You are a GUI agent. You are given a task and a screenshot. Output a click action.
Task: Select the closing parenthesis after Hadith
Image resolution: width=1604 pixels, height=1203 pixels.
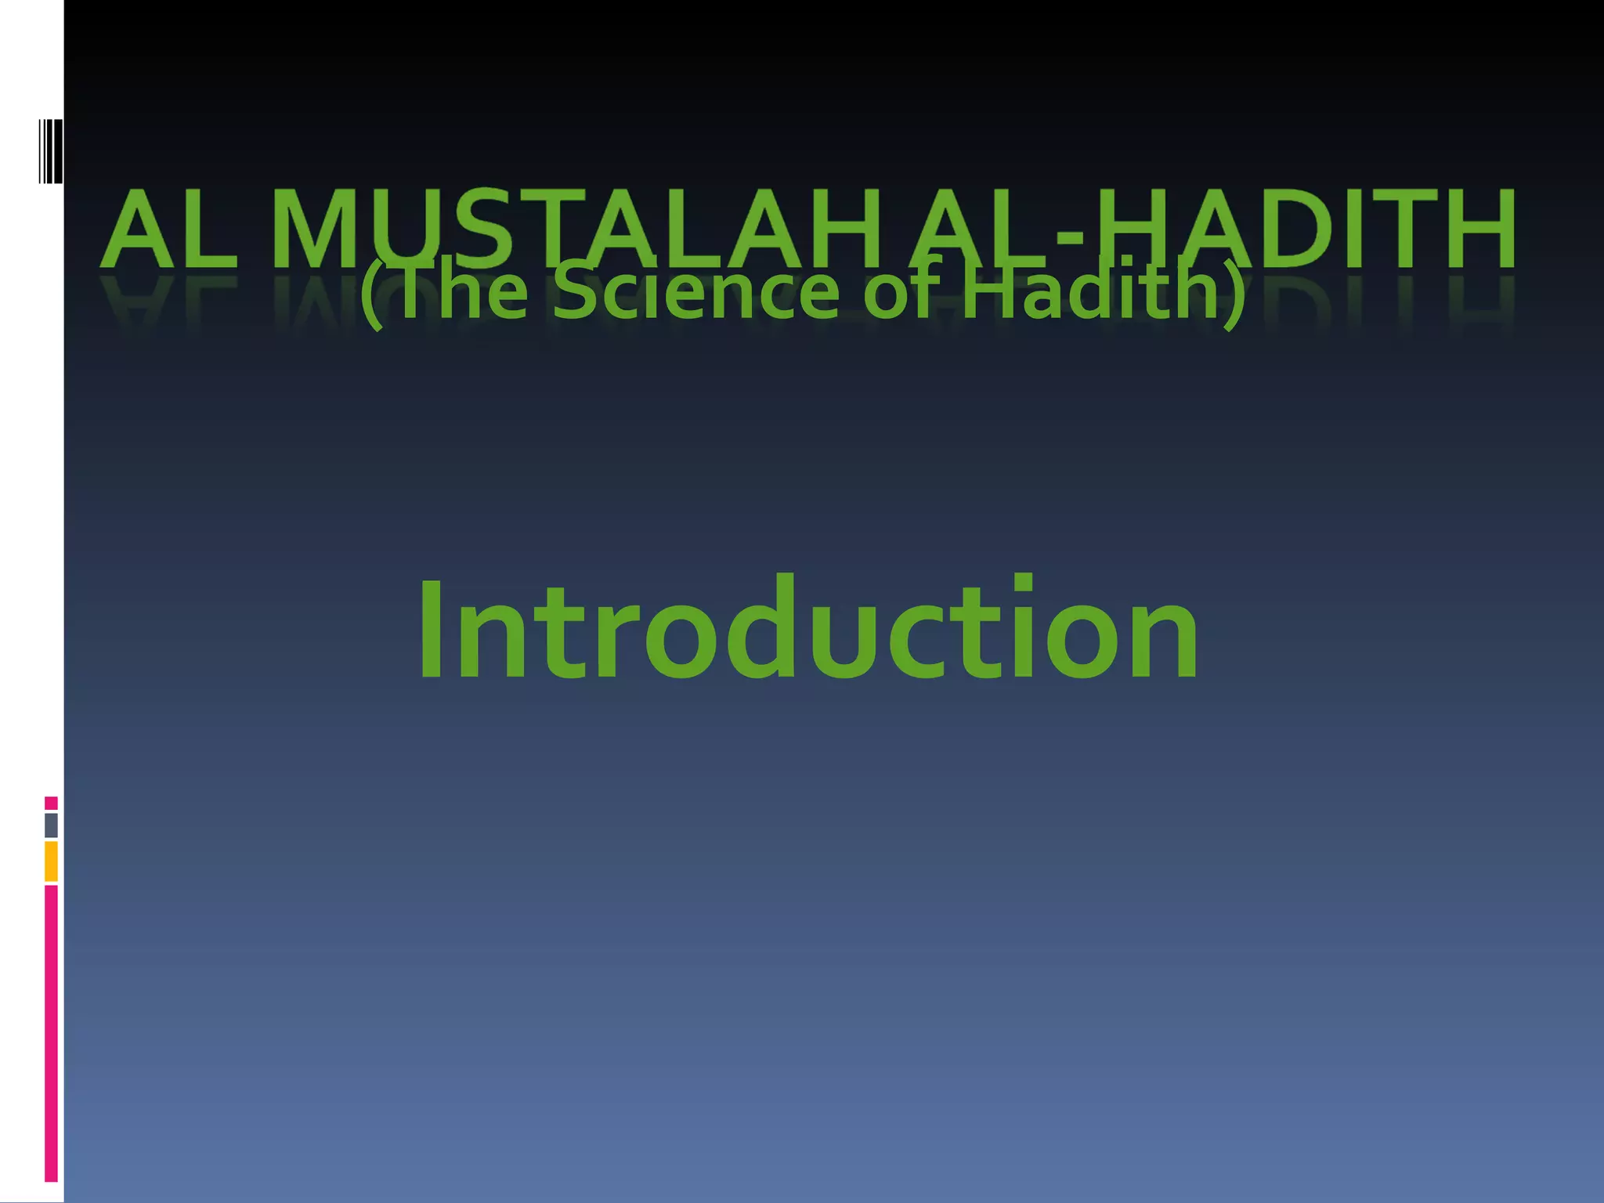point(1234,294)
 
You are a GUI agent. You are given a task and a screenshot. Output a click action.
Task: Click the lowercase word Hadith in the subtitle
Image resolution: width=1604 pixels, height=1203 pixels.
point(1089,291)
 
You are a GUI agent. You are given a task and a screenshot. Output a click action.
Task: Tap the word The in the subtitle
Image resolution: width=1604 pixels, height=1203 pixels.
point(462,291)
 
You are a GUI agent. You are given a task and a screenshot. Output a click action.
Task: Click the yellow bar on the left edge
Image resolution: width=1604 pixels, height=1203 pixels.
point(51,861)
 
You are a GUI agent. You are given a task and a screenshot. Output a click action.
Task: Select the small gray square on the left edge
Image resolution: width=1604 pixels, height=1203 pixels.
point(51,825)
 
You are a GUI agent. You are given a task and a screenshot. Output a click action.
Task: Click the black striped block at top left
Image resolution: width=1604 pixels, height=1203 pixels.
point(51,151)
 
